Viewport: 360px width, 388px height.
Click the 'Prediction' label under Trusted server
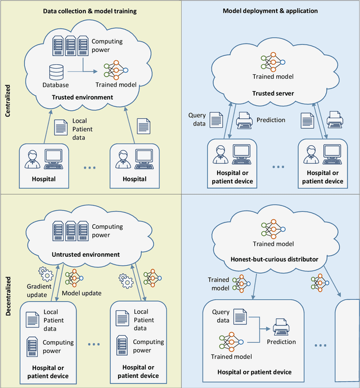[271, 120]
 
